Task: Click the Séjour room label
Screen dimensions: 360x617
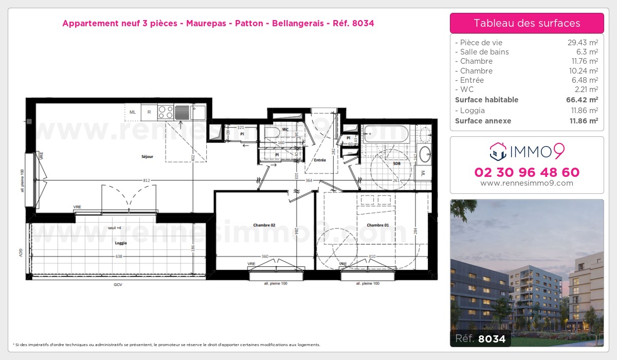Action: tap(147, 156)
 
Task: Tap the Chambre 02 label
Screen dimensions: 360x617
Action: tap(264, 225)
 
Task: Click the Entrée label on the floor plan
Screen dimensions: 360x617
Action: tap(320, 160)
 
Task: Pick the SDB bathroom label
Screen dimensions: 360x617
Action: tap(396, 164)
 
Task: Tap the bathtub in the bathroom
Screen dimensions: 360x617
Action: tap(386, 134)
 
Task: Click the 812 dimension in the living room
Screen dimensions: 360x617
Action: tap(147, 180)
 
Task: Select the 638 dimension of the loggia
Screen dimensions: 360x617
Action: tap(119, 256)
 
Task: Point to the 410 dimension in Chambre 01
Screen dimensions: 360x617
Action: tap(372, 256)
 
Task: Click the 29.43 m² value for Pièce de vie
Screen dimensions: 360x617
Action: tap(582, 43)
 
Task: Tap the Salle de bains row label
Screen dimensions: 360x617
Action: tap(484, 52)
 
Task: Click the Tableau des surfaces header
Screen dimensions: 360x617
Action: tap(527, 23)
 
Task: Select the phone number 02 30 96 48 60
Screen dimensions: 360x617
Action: tap(527, 172)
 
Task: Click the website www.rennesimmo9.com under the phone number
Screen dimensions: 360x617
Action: tap(527, 183)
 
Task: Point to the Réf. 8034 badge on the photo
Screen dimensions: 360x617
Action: tap(478, 339)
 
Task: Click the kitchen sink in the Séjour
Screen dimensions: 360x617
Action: tap(182, 111)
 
